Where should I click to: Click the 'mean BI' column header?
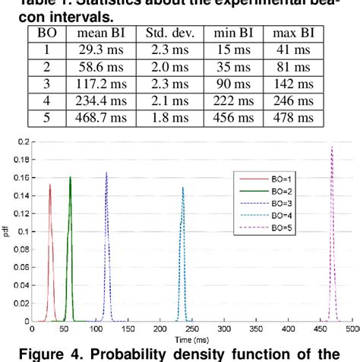[x=95, y=33]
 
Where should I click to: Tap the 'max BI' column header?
[x=292, y=33]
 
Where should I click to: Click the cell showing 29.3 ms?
[x=95, y=50]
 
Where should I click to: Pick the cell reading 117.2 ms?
[x=95, y=84]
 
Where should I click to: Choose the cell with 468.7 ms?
[x=95, y=117]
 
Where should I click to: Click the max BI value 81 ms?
[x=292, y=67]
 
